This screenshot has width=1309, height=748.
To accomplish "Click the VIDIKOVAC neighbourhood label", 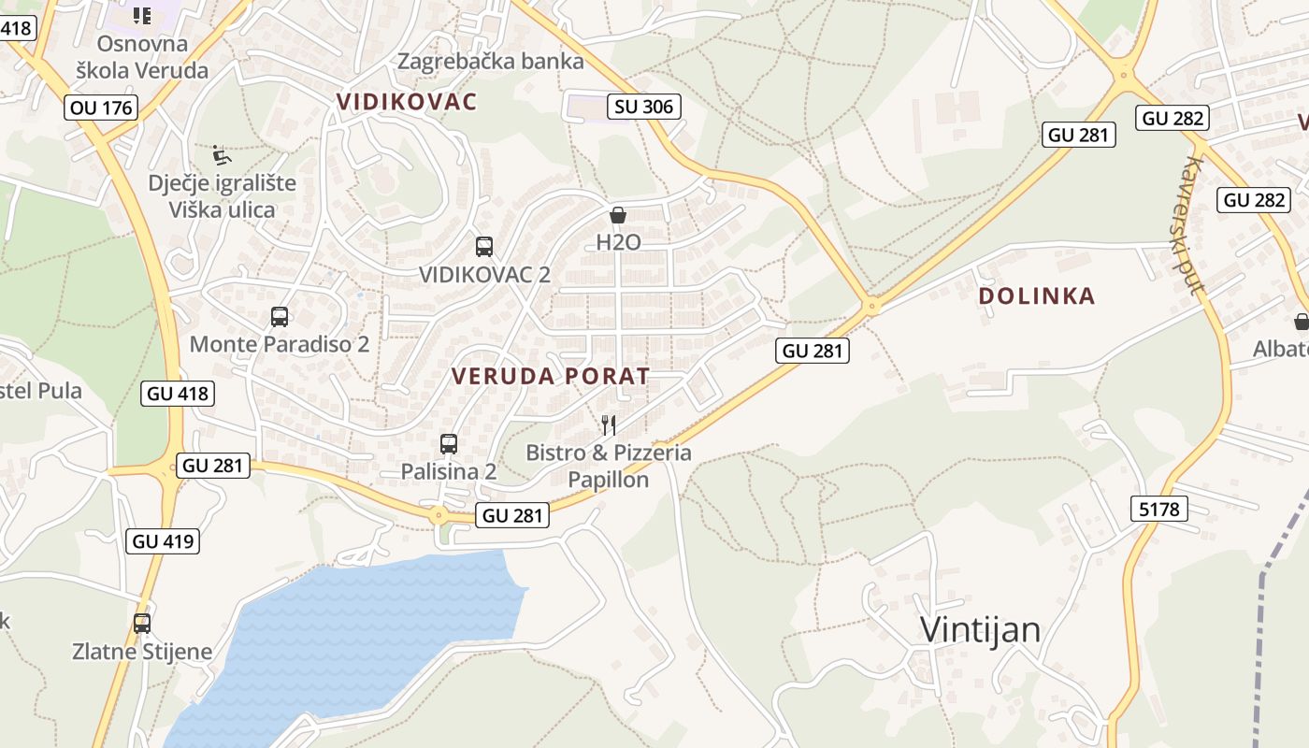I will tap(407, 102).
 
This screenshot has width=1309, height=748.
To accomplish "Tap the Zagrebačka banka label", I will tap(491, 62).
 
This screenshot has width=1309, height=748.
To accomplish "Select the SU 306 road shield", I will tap(643, 107).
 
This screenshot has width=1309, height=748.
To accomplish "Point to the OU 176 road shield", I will tap(102, 108).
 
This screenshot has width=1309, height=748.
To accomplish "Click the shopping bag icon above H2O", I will tap(617, 215).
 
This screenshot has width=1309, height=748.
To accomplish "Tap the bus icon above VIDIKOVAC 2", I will tap(483, 247).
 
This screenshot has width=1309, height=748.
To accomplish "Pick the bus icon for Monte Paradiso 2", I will tap(279, 317).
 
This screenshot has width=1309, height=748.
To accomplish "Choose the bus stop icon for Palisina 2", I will tap(449, 444).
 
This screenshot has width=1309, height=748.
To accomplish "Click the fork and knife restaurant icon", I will tap(609, 425).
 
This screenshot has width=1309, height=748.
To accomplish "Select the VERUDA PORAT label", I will tap(551, 377).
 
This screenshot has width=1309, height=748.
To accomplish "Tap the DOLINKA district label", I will tap(1036, 296).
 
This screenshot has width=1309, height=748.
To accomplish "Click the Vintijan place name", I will tap(980, 629).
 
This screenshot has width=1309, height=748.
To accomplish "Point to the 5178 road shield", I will tap(1159, 509).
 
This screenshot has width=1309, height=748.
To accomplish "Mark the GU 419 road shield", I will tap(164, 540).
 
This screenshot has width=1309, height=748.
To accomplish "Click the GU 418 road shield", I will tap(179, 394).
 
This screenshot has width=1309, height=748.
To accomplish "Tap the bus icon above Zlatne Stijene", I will tap(142, 623).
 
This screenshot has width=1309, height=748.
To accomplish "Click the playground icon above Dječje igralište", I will tap(221, 154).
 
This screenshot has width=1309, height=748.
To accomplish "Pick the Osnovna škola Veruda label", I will tap(142, 56).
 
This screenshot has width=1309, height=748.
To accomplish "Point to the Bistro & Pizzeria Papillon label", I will tap(609, 466).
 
